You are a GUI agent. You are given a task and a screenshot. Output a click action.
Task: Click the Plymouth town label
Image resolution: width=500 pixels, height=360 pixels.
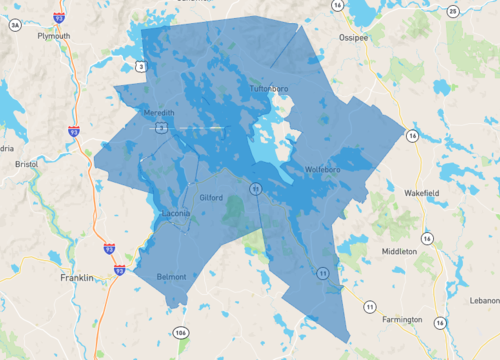(x=53, y=35)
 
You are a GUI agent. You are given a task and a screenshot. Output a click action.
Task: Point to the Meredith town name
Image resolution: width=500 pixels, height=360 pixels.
(x=159, y=113)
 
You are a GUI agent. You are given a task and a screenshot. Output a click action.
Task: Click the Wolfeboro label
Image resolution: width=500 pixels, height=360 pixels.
(x=325, y=169)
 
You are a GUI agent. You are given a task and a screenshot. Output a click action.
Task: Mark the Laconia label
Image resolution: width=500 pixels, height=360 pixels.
(x=178, y=214)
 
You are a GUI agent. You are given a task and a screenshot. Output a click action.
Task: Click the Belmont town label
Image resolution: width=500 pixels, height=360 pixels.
(x=173, y=276)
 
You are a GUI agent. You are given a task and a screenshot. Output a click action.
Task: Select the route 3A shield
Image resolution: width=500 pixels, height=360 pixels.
(x=14, y=26)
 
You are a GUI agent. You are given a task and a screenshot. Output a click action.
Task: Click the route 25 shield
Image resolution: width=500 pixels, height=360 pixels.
(x=453, y=11)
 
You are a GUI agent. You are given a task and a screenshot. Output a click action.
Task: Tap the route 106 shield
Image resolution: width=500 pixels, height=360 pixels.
(x=180, y=332)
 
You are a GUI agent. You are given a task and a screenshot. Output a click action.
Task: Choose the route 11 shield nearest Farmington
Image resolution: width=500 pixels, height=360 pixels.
(x=370, y=306)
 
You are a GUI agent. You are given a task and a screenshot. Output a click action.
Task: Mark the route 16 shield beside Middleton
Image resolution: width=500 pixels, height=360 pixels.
(x=427, y=238)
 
